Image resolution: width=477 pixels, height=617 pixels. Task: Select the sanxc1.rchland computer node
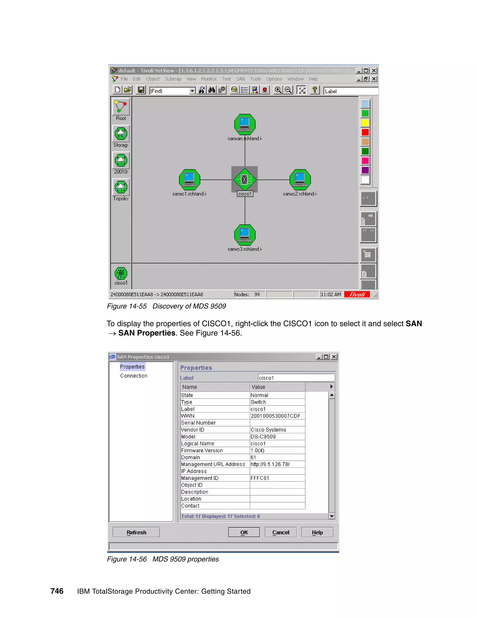pyautogui.click(x=190, y=180)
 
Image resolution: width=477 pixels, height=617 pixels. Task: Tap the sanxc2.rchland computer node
pyautogui.click(x=300, y=180)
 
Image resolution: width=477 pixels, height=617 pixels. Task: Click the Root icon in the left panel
pyautogui.click(x=121, y=107)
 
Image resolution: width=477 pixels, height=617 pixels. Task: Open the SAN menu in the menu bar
pyautogui.click(x=240, y=79)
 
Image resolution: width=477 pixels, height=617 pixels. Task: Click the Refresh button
pyautogui.click(x=136, y=532)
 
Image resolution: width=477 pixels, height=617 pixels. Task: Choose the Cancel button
pyautogui.click(x=281, y=532)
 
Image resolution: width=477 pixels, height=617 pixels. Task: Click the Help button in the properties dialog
pyautogui.click(x=317, y=532)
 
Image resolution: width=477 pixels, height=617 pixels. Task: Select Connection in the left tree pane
pyautogui.click(x=134, y=376)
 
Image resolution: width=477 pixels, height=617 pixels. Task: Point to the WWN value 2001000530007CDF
pyautogui.click(x=275, y=416)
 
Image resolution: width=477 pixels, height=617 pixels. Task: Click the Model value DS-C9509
pyautogui.click(x=263, y=437)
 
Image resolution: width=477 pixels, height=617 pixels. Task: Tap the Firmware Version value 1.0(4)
pyautogui.click(x=257, y=451)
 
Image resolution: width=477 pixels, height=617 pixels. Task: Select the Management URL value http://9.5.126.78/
pyautogui.click(x=270, y=464)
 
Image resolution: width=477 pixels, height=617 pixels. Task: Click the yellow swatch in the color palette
pyautogui.click(x=365, y=123)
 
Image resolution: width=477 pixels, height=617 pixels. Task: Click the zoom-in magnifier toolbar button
pyautogui.click(x=278, y=90)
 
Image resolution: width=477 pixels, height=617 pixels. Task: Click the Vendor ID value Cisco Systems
pyautogui.click(x=268, y=430)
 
